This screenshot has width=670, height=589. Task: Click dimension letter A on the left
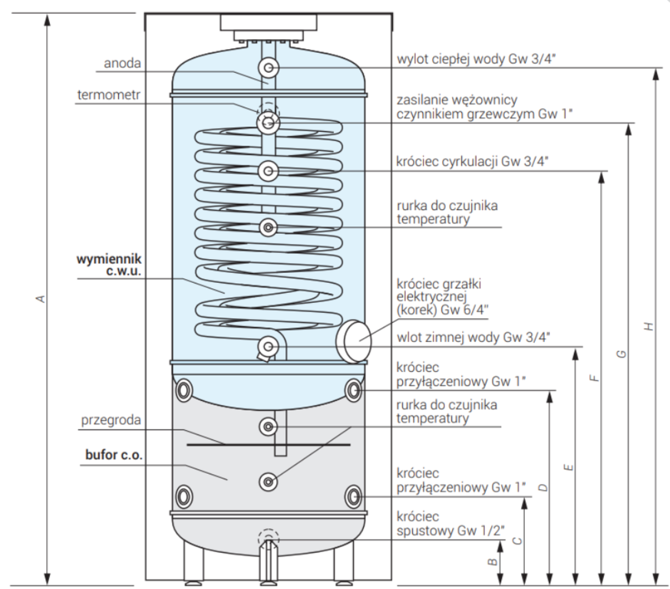[40, 298]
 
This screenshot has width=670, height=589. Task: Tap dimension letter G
[622, 354]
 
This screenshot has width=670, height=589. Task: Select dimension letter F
[594, 378]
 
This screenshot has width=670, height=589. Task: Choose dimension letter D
[543, 487]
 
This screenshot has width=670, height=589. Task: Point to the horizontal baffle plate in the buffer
[268, 444]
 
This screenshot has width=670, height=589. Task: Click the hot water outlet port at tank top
[268, 68]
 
